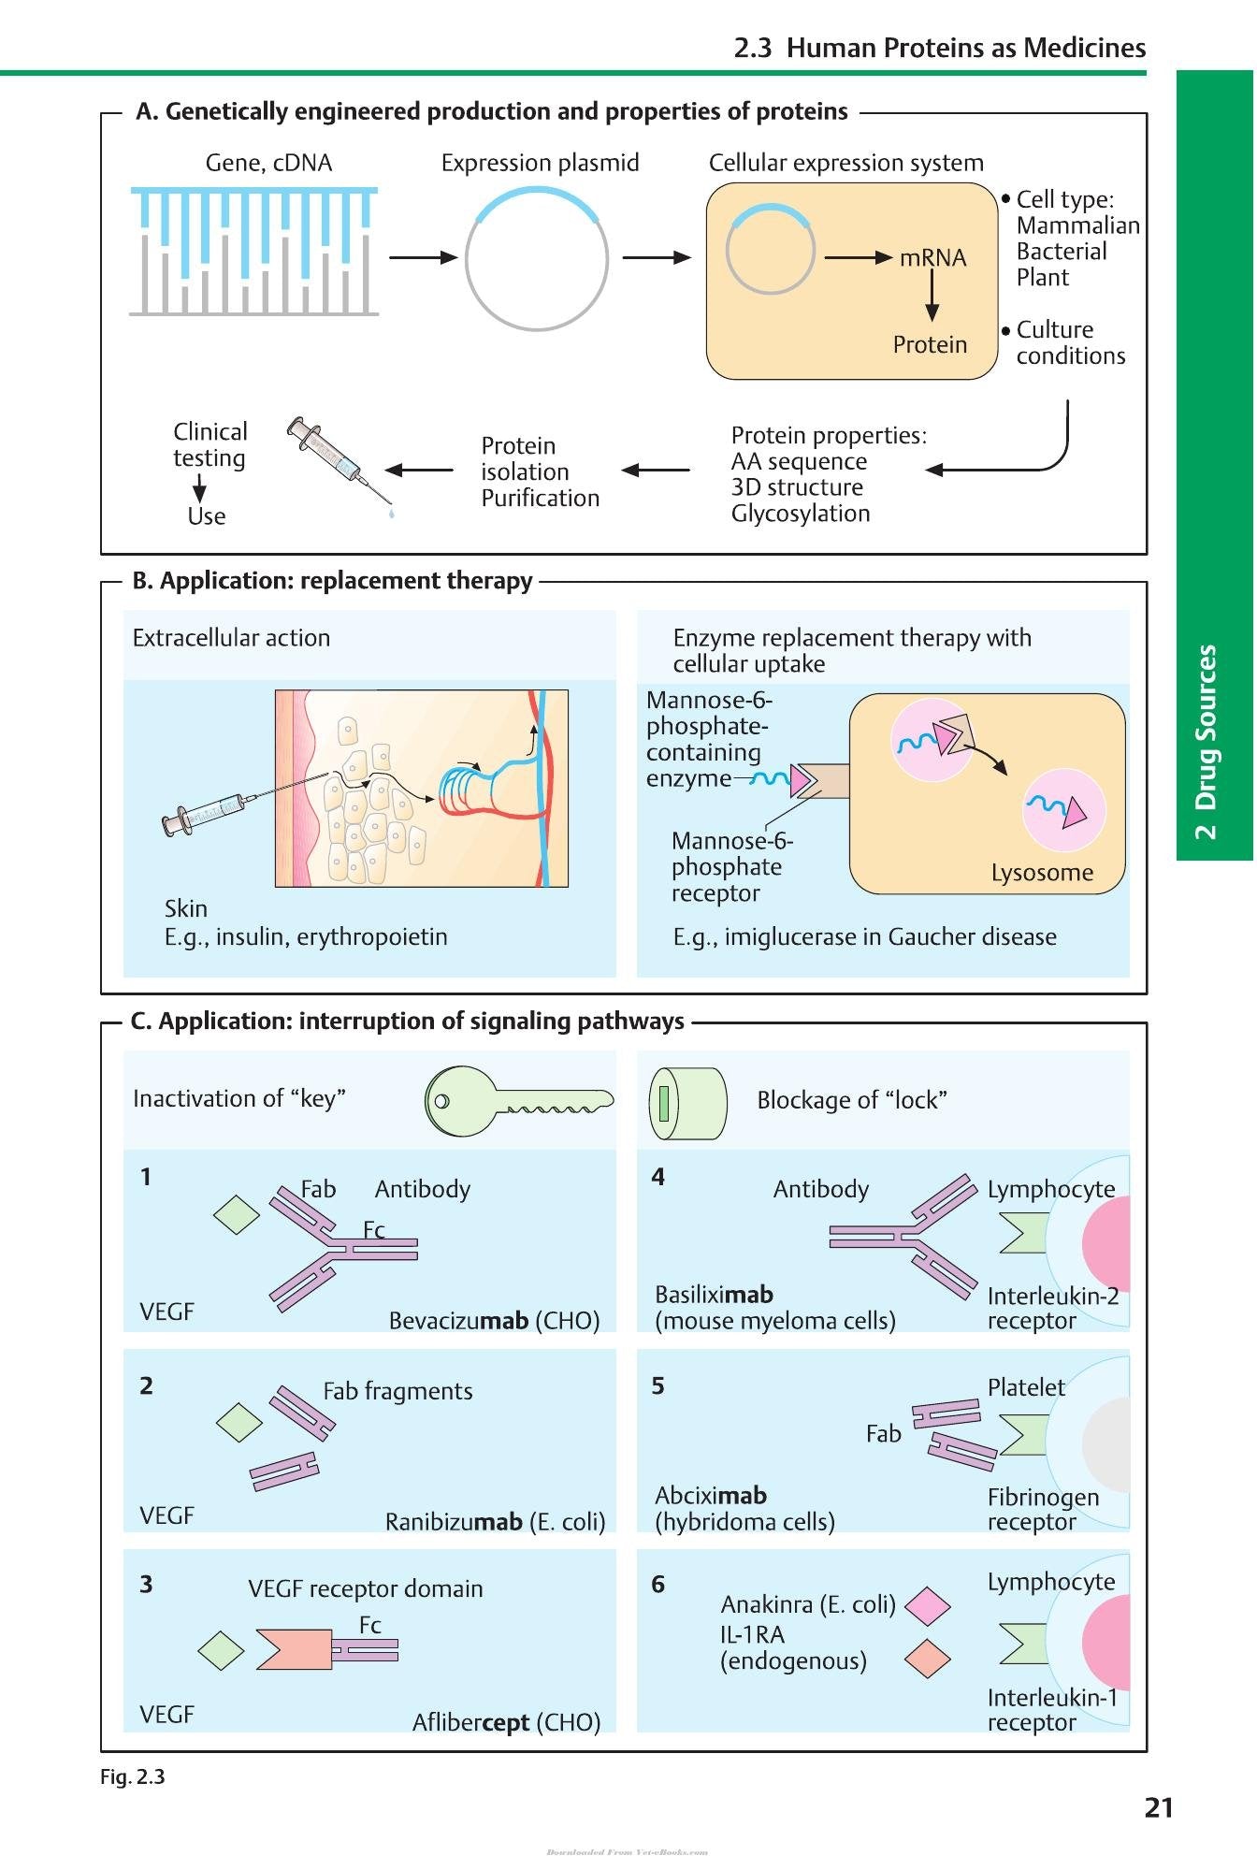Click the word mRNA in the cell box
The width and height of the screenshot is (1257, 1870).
(x=932, y=258)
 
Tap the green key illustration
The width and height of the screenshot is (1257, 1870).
(x=519, y=1100)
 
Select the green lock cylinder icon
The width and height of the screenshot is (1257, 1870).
(x=687, y=1103)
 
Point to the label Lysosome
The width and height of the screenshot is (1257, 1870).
(x=1042, y=873)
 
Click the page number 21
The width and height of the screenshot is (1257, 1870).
(x=1159, y=1808)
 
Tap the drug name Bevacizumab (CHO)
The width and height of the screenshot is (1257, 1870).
(x=494, y=1321)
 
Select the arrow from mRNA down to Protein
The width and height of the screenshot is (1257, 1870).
(x=932, y=297)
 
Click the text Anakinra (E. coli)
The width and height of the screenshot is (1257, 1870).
(x=808, y=1604)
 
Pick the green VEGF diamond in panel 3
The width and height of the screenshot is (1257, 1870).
(x=222, y=1650)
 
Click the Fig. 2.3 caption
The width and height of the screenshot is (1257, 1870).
(x=133, y=1776)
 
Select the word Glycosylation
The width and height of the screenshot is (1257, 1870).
(x=801, y=514)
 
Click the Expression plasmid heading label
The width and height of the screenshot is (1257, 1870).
(x=541, y=164)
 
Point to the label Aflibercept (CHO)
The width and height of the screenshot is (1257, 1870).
(x=506, y=1722)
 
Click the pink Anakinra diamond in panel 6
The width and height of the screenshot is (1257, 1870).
(x=928, y=1605)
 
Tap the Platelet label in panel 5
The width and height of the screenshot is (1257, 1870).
(x=1026, y=1387)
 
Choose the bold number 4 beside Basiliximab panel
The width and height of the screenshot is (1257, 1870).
(x=658, y=1177)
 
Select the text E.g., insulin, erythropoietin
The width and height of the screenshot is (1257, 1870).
(x=306, y=937)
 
